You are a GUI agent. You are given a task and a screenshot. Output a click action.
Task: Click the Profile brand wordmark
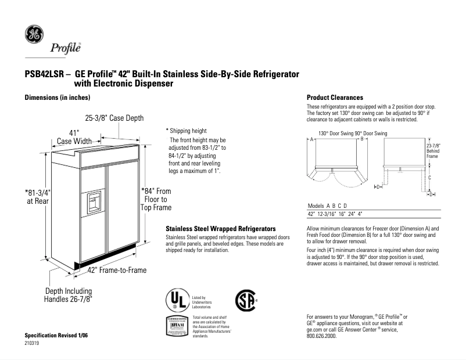(x=65, y=48)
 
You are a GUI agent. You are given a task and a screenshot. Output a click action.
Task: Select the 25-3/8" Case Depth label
(x=114, y=118)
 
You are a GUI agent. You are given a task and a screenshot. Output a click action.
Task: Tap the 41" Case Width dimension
(x=74, y=136)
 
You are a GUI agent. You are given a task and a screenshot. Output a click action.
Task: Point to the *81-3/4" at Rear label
(x=37, y=196)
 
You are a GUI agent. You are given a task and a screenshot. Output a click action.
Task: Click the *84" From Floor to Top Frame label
(x=156, y=199)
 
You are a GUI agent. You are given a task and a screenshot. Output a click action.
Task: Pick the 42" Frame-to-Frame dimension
(x=117, y=270)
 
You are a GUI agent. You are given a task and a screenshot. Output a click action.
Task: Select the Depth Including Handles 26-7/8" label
(x=69, y=295)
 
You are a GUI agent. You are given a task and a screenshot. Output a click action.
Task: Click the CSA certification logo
(x=245, y=300)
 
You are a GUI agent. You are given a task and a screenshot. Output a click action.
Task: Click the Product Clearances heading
(x=335, y=98)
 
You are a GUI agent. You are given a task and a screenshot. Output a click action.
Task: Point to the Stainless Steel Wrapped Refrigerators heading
(x=220, y=229)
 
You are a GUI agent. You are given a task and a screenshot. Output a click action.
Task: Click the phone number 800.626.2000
(x=321, y=336)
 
